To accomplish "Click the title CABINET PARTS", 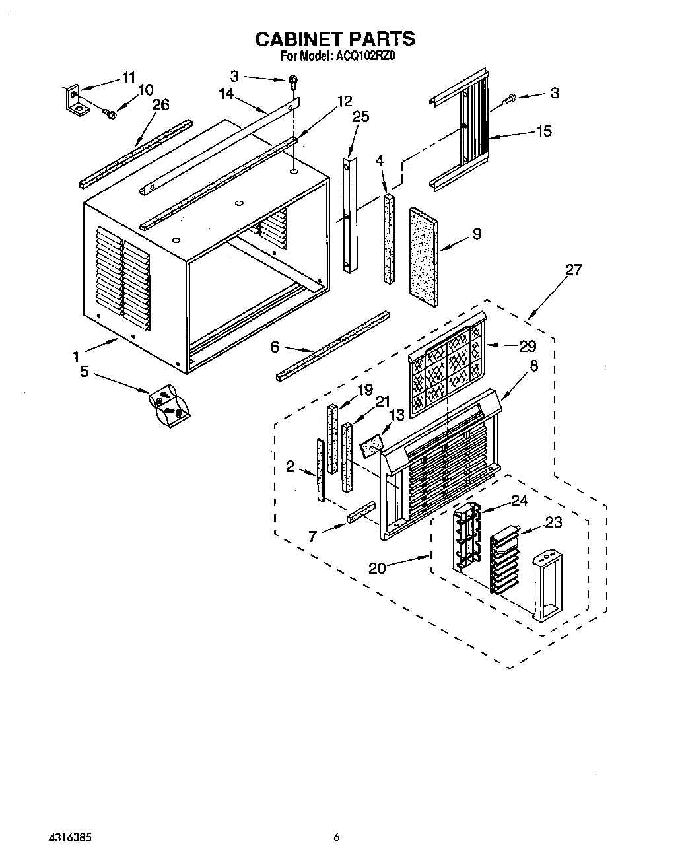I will [335, 39].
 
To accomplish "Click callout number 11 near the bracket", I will [129, 77].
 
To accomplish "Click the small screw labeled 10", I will [111, 115].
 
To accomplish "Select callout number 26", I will [160, 104].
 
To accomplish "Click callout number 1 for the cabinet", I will [77, 356].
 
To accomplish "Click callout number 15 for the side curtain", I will [544, 131].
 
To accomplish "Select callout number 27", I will [574, 269].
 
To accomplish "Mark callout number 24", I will [520, 500].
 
